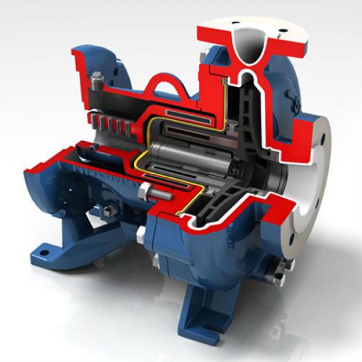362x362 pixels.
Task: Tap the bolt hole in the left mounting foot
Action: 43,247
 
